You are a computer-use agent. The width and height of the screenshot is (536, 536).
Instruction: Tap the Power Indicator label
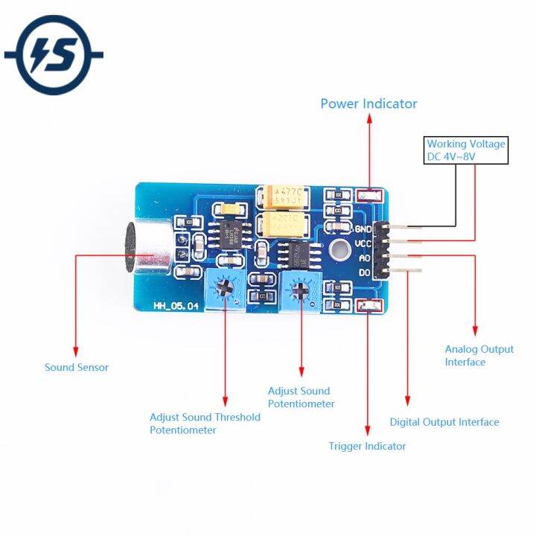[368, 103]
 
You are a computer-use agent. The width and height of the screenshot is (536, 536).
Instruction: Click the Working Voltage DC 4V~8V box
[466, 150]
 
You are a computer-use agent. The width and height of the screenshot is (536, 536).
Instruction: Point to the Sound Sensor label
[76, 367]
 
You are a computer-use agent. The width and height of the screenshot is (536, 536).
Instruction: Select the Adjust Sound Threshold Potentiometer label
[205, 424]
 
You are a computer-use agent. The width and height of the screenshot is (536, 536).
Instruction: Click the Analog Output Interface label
[479, 355]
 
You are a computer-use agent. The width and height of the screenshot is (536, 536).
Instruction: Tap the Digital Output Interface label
[444, 422]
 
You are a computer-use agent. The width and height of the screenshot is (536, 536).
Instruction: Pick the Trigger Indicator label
[368, 446]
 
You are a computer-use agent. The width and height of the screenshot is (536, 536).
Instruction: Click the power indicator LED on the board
[369, 195]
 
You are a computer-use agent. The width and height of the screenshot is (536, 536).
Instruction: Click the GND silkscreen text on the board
[363, 229]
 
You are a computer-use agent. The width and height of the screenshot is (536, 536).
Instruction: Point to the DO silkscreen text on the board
[363, 273]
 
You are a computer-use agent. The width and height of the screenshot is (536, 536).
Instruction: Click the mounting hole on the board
[339, 251]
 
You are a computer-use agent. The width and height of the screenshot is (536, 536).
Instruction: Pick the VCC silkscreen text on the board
[363, 243]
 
